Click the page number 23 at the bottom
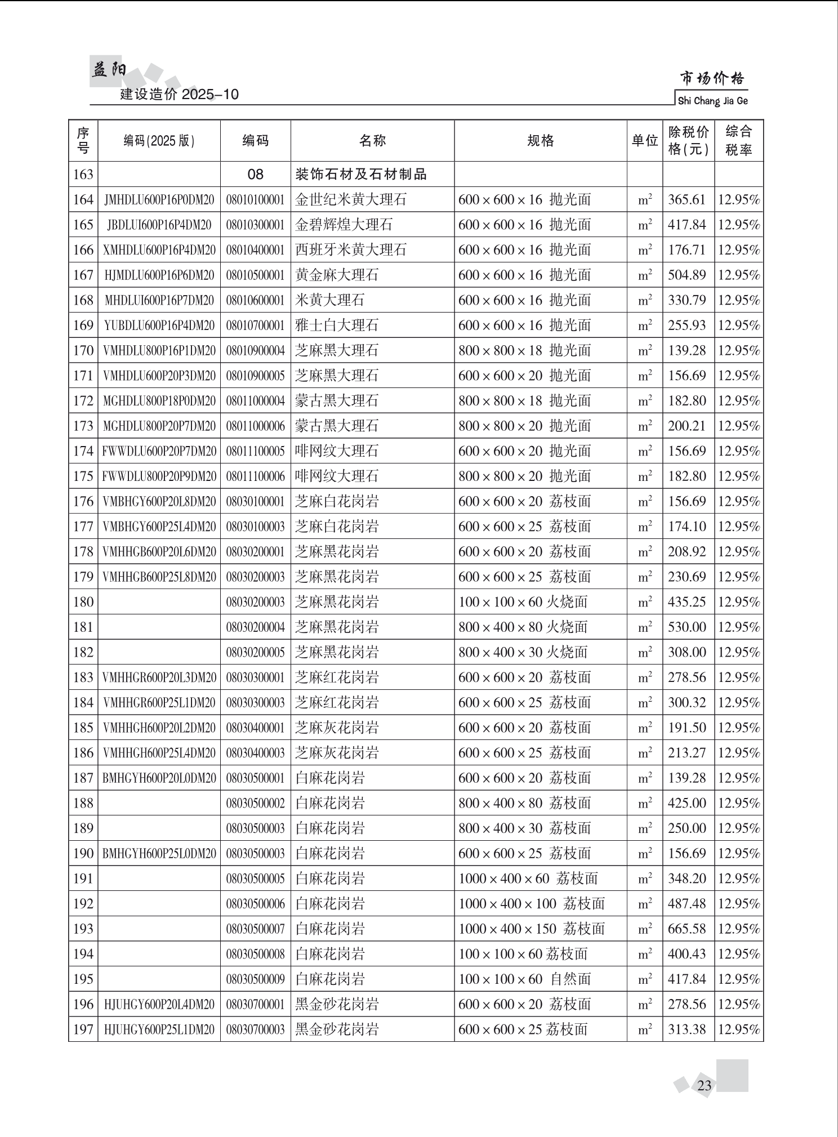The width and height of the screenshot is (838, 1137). (x=704, y=1085)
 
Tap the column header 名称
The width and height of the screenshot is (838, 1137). (x=372, y=141)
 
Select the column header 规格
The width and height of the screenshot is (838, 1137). (x=540, y=141)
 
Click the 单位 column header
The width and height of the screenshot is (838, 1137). (x=644, y=141)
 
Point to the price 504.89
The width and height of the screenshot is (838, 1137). (x=687, y=275)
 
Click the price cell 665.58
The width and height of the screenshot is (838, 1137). (x=687, y=929)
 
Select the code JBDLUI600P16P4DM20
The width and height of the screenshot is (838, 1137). (x=159, y=225)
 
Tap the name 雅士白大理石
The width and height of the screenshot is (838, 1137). (x=337, y=326)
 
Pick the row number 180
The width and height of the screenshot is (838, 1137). (x=83, y=602)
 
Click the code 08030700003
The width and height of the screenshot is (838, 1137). (x=256, y=1029)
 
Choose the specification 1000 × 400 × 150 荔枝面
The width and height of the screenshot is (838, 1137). (x=531, y=929)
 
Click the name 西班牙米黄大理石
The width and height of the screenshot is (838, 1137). (x=350, y=250)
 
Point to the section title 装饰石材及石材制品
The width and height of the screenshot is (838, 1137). (x=361, y=175)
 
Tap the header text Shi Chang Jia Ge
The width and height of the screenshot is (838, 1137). (x=712, y=101)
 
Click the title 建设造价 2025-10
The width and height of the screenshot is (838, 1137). (x=180, y=94)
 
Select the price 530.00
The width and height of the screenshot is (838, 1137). (x=687, y=627)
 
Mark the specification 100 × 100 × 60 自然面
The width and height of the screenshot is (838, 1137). (x=524, y=979)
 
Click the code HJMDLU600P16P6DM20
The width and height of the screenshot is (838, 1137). (x=159, y=275)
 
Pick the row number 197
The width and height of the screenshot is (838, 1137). (x=83, y=1029)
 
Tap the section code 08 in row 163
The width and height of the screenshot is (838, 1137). (x=256, y=175)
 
